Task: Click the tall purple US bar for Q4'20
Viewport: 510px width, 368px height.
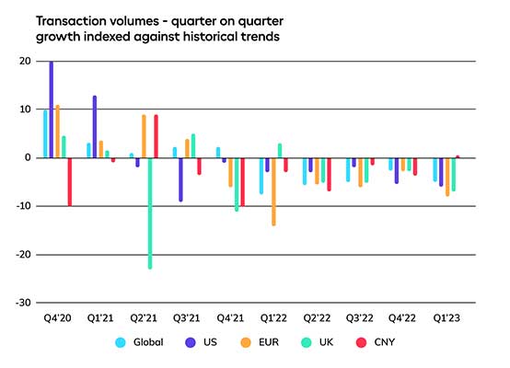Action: [51, 109]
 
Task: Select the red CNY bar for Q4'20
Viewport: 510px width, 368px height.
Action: [69, 181]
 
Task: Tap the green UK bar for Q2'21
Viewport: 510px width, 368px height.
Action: [150, 213]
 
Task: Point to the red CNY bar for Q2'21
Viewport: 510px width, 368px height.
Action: [156, 136]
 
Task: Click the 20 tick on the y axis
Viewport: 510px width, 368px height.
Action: [23, 62]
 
